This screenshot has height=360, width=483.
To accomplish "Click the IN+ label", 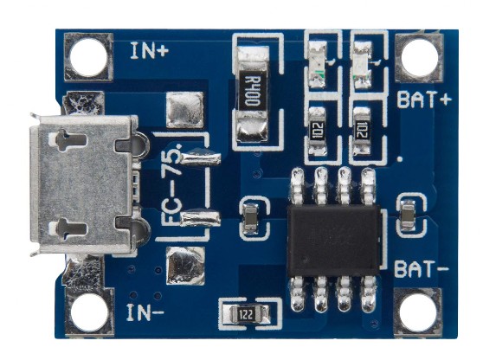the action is pos(150,51).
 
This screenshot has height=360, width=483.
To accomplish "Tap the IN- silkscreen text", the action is pos(145,312).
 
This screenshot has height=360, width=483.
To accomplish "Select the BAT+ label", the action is pos(425,100).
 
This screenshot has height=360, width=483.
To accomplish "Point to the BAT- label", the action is pos(422,268).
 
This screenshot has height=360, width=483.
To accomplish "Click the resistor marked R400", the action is pos(253,93).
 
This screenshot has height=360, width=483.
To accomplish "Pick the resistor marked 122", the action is pos(247,315).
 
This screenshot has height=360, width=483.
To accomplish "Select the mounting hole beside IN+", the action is pos(89,57).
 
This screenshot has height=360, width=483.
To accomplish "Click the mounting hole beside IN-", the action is pos(89,312).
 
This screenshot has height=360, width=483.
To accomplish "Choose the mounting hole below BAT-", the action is pos(418,312).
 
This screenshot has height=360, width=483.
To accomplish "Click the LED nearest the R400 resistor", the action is pos(318,65).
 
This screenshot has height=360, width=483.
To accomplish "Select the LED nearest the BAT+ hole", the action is pos(362,65).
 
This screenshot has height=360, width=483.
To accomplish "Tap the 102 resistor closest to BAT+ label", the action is pos(362,131).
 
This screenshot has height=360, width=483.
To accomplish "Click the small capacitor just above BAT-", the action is pos(409,215).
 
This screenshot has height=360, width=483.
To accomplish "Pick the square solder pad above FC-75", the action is pos(185,110).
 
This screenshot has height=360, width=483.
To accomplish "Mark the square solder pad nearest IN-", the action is pos(185,266).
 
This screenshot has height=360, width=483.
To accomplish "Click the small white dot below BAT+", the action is pos(400,159).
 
